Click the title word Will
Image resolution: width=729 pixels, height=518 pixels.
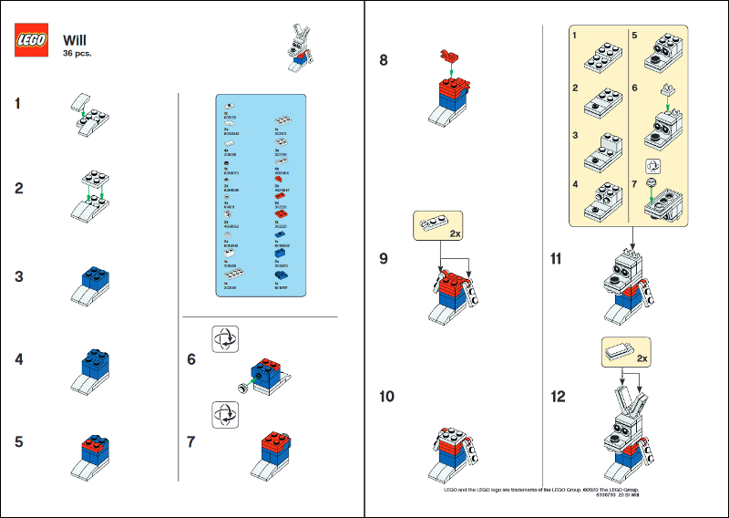click(75, 40)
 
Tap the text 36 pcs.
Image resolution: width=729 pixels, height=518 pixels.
click(77, 54)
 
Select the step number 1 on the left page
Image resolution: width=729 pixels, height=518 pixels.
click(18, 103)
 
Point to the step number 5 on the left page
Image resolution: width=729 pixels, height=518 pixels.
click(18, 442)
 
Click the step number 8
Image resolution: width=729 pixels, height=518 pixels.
click(383, 62)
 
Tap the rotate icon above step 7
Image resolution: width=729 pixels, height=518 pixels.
click(223, 415)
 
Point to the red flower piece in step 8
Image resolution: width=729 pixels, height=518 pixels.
click(447, 56)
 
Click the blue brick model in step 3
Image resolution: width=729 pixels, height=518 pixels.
click(93, 285)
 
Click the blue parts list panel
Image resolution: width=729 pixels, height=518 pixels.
click(260, 195)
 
